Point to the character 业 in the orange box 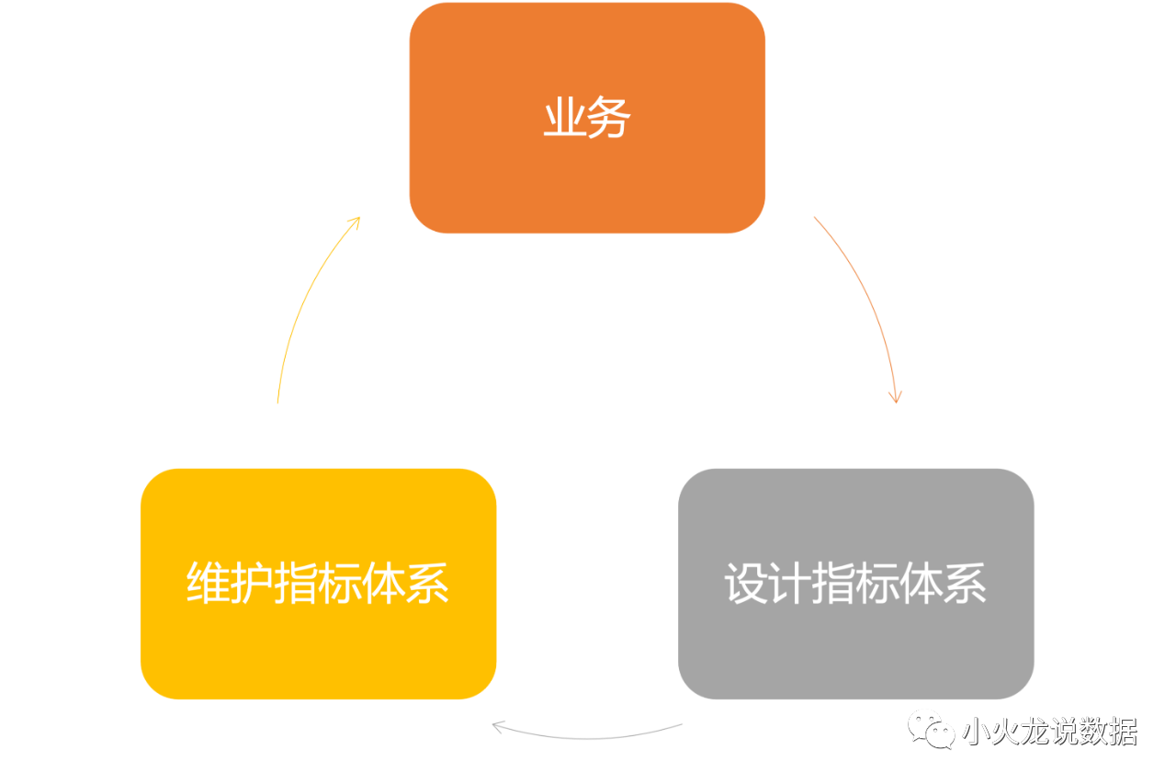click(x=564, y=119)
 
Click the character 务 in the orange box click(x=609, y=119)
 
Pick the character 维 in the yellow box click(x=208, y=584)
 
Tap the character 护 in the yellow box click(x=252, y=584)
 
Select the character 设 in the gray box click(x=745, y=584)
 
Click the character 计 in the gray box click(x=789, y=584)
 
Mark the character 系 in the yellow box click(x=428, y=584)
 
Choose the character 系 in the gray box click(x=966, y=584)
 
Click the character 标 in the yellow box click(x=340, y=584)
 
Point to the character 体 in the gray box click(x=922, y=584)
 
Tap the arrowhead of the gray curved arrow click(x=498, y=727)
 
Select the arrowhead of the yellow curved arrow click(x=355, y=221)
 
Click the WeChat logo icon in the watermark click(x=931, y=729)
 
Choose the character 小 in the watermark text click(x=975, y=733)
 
